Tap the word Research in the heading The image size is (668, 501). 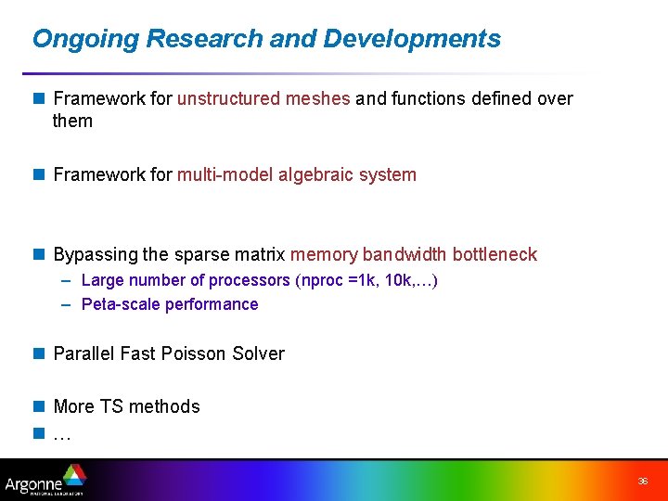(205, 39)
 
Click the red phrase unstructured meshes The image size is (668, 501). (263, 98)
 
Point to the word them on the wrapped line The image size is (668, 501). (73, 121)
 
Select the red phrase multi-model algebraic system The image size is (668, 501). (297, 174)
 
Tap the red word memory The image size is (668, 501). (324, 254)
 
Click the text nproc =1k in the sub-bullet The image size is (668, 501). (333, 280)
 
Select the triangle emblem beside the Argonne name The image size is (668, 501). (73, 475)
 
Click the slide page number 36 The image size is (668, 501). (642, 482)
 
